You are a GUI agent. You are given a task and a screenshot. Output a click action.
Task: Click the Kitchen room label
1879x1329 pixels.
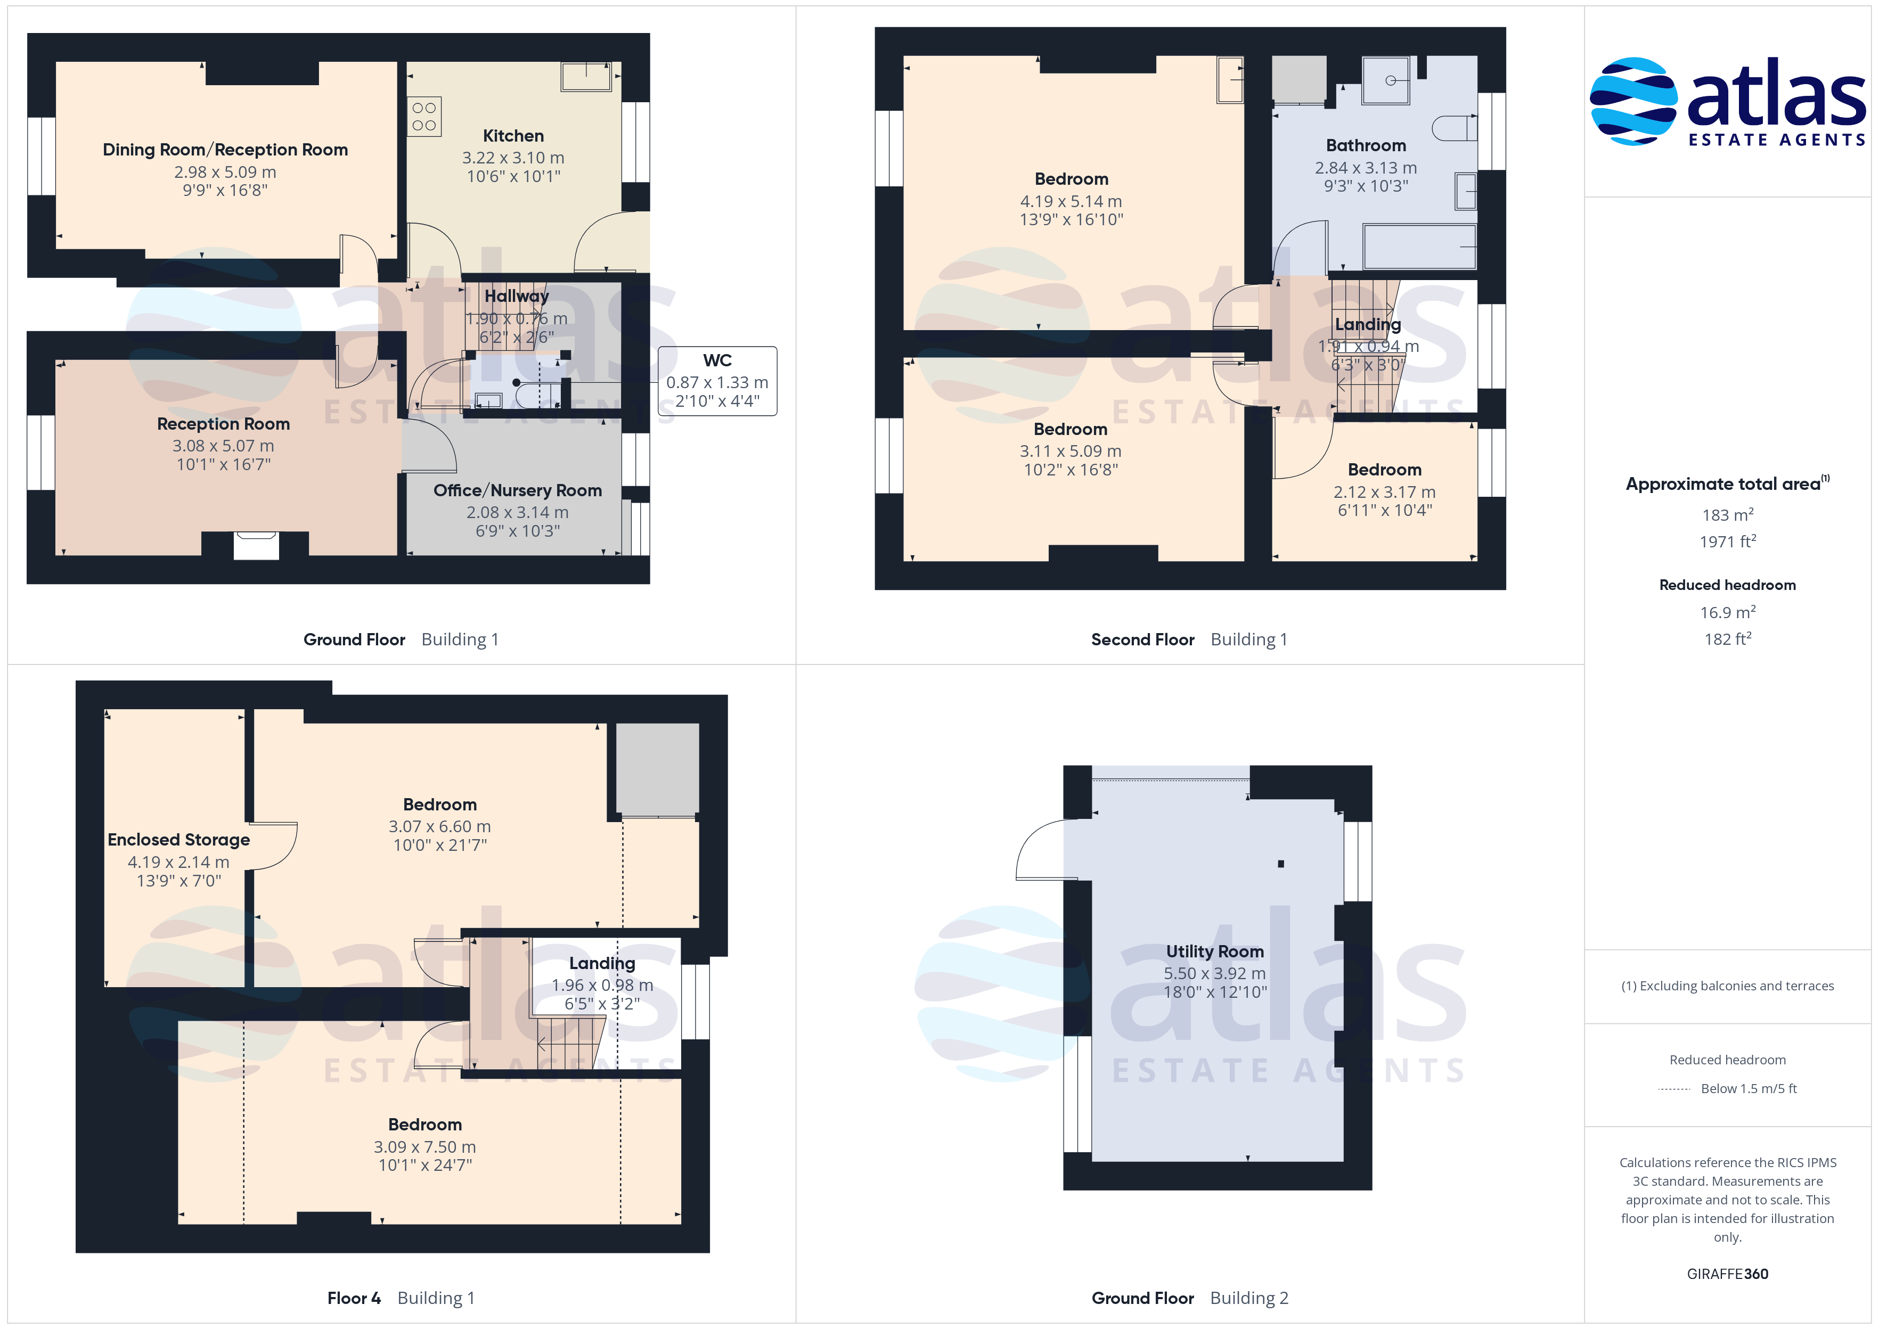(x=513, y=136)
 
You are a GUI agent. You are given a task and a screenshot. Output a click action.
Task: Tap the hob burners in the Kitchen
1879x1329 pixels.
(x=424, y=116)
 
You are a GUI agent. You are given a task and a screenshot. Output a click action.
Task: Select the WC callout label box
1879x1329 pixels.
(x=717, y=381)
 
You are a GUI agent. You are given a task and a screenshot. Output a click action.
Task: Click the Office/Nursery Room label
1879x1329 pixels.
(x=517, y=490)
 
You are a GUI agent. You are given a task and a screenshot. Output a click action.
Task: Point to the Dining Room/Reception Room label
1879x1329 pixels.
(x=225, y=150)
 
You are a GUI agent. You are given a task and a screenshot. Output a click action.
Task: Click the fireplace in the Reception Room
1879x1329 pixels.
(x=256, y=545)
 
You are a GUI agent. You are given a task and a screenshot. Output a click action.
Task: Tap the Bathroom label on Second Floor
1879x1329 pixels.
(x=1366, y=146)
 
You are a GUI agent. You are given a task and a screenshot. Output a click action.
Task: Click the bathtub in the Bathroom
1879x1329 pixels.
(x=1419, y=247)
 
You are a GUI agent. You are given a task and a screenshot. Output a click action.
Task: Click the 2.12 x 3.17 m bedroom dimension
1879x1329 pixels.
(x=1384, y=492)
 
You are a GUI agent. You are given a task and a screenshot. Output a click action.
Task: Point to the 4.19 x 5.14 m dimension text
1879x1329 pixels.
(x=1071, y=201)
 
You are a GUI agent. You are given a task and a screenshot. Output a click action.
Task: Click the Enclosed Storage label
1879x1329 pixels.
(x=178, y=840)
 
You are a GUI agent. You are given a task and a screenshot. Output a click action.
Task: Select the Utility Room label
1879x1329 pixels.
(x=1214, y=951)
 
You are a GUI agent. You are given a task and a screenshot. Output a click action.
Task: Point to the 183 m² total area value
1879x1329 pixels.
(x=1728, y=515)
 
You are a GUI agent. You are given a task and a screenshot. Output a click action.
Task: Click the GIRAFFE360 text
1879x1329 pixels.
(x=1728, y=1274)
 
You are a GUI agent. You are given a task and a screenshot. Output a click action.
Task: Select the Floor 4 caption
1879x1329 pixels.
(x=354, y=1298)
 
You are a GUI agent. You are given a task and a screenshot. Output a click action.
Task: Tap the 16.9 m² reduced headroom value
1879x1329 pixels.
(x=1728, y=612)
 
